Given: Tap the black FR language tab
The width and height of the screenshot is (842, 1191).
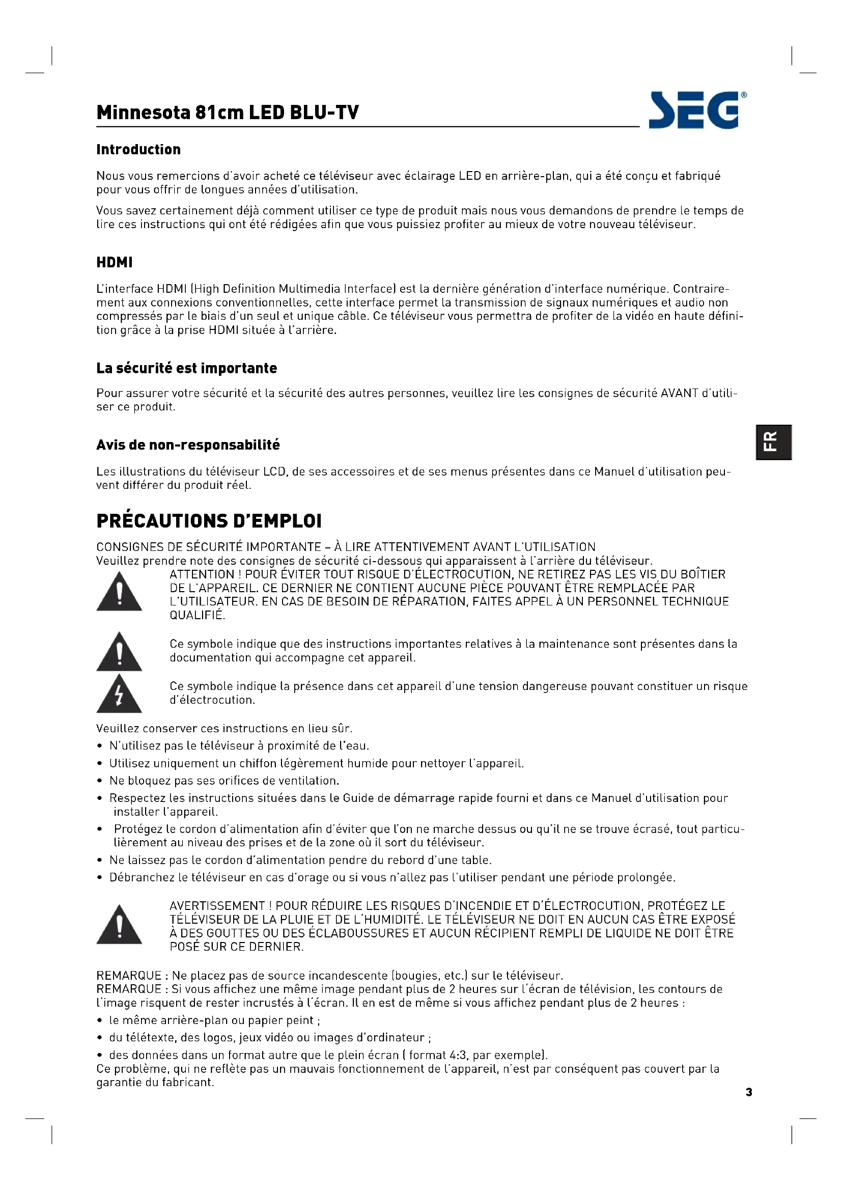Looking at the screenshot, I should (x=773, y=442).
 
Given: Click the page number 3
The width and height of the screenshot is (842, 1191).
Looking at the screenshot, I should (x=749, y=1092).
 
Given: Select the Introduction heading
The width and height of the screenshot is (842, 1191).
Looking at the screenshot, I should (x=138, y=149).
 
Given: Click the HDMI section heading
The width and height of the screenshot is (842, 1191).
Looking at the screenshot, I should (x=115, y=262).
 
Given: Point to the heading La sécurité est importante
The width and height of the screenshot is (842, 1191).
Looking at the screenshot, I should (x=187, y=368).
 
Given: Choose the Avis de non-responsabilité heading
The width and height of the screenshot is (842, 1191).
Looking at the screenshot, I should (x=188, y=445).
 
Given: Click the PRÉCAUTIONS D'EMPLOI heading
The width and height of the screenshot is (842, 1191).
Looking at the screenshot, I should (x=209, y=521).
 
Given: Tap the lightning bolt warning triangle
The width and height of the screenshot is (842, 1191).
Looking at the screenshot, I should (x=119, y=695).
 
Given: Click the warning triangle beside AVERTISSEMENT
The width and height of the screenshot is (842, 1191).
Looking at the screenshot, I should (x=119, y=926).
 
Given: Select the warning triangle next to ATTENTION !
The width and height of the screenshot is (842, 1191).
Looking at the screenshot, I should (x=119, y=593).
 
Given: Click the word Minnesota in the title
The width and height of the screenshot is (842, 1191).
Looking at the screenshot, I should (x=144, y=113).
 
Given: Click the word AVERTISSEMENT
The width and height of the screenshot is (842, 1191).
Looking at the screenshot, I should (x=217, y=906).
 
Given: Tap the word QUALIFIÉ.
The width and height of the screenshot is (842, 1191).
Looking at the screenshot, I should (x=197, y=615).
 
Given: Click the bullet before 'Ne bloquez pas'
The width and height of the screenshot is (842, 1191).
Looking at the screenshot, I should (x=100, y=781).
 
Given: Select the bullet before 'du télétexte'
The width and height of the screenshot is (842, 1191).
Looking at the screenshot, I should (x=100, y=1038).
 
